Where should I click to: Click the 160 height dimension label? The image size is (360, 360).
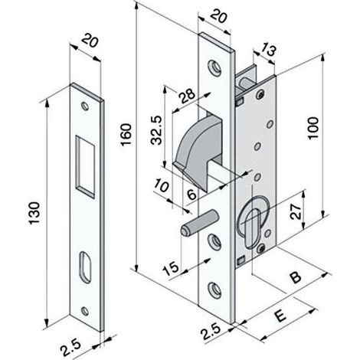pyautogui.click(x=126, y=135)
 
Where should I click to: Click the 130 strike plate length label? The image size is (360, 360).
pyautogui.click(x=34, y=214)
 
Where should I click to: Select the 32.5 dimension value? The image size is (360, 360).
pyautogui.click(x=156, y=130)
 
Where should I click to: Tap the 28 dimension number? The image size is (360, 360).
pyautogui.click(x=187, y=97)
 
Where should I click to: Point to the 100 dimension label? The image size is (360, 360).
pyautogui.click(x=313, y=128)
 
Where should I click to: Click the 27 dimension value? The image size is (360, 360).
pyautogui.click(x=296, y=211)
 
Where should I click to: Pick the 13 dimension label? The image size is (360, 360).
pyautogui.click(x=268, y=50)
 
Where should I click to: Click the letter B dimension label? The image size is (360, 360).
pyautogui.click(x=296, y=277)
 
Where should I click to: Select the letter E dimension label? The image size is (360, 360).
pyautogui.click(x=280, y=316)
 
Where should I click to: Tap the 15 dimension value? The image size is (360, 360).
pyautogui.click(x=171, y=268)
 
